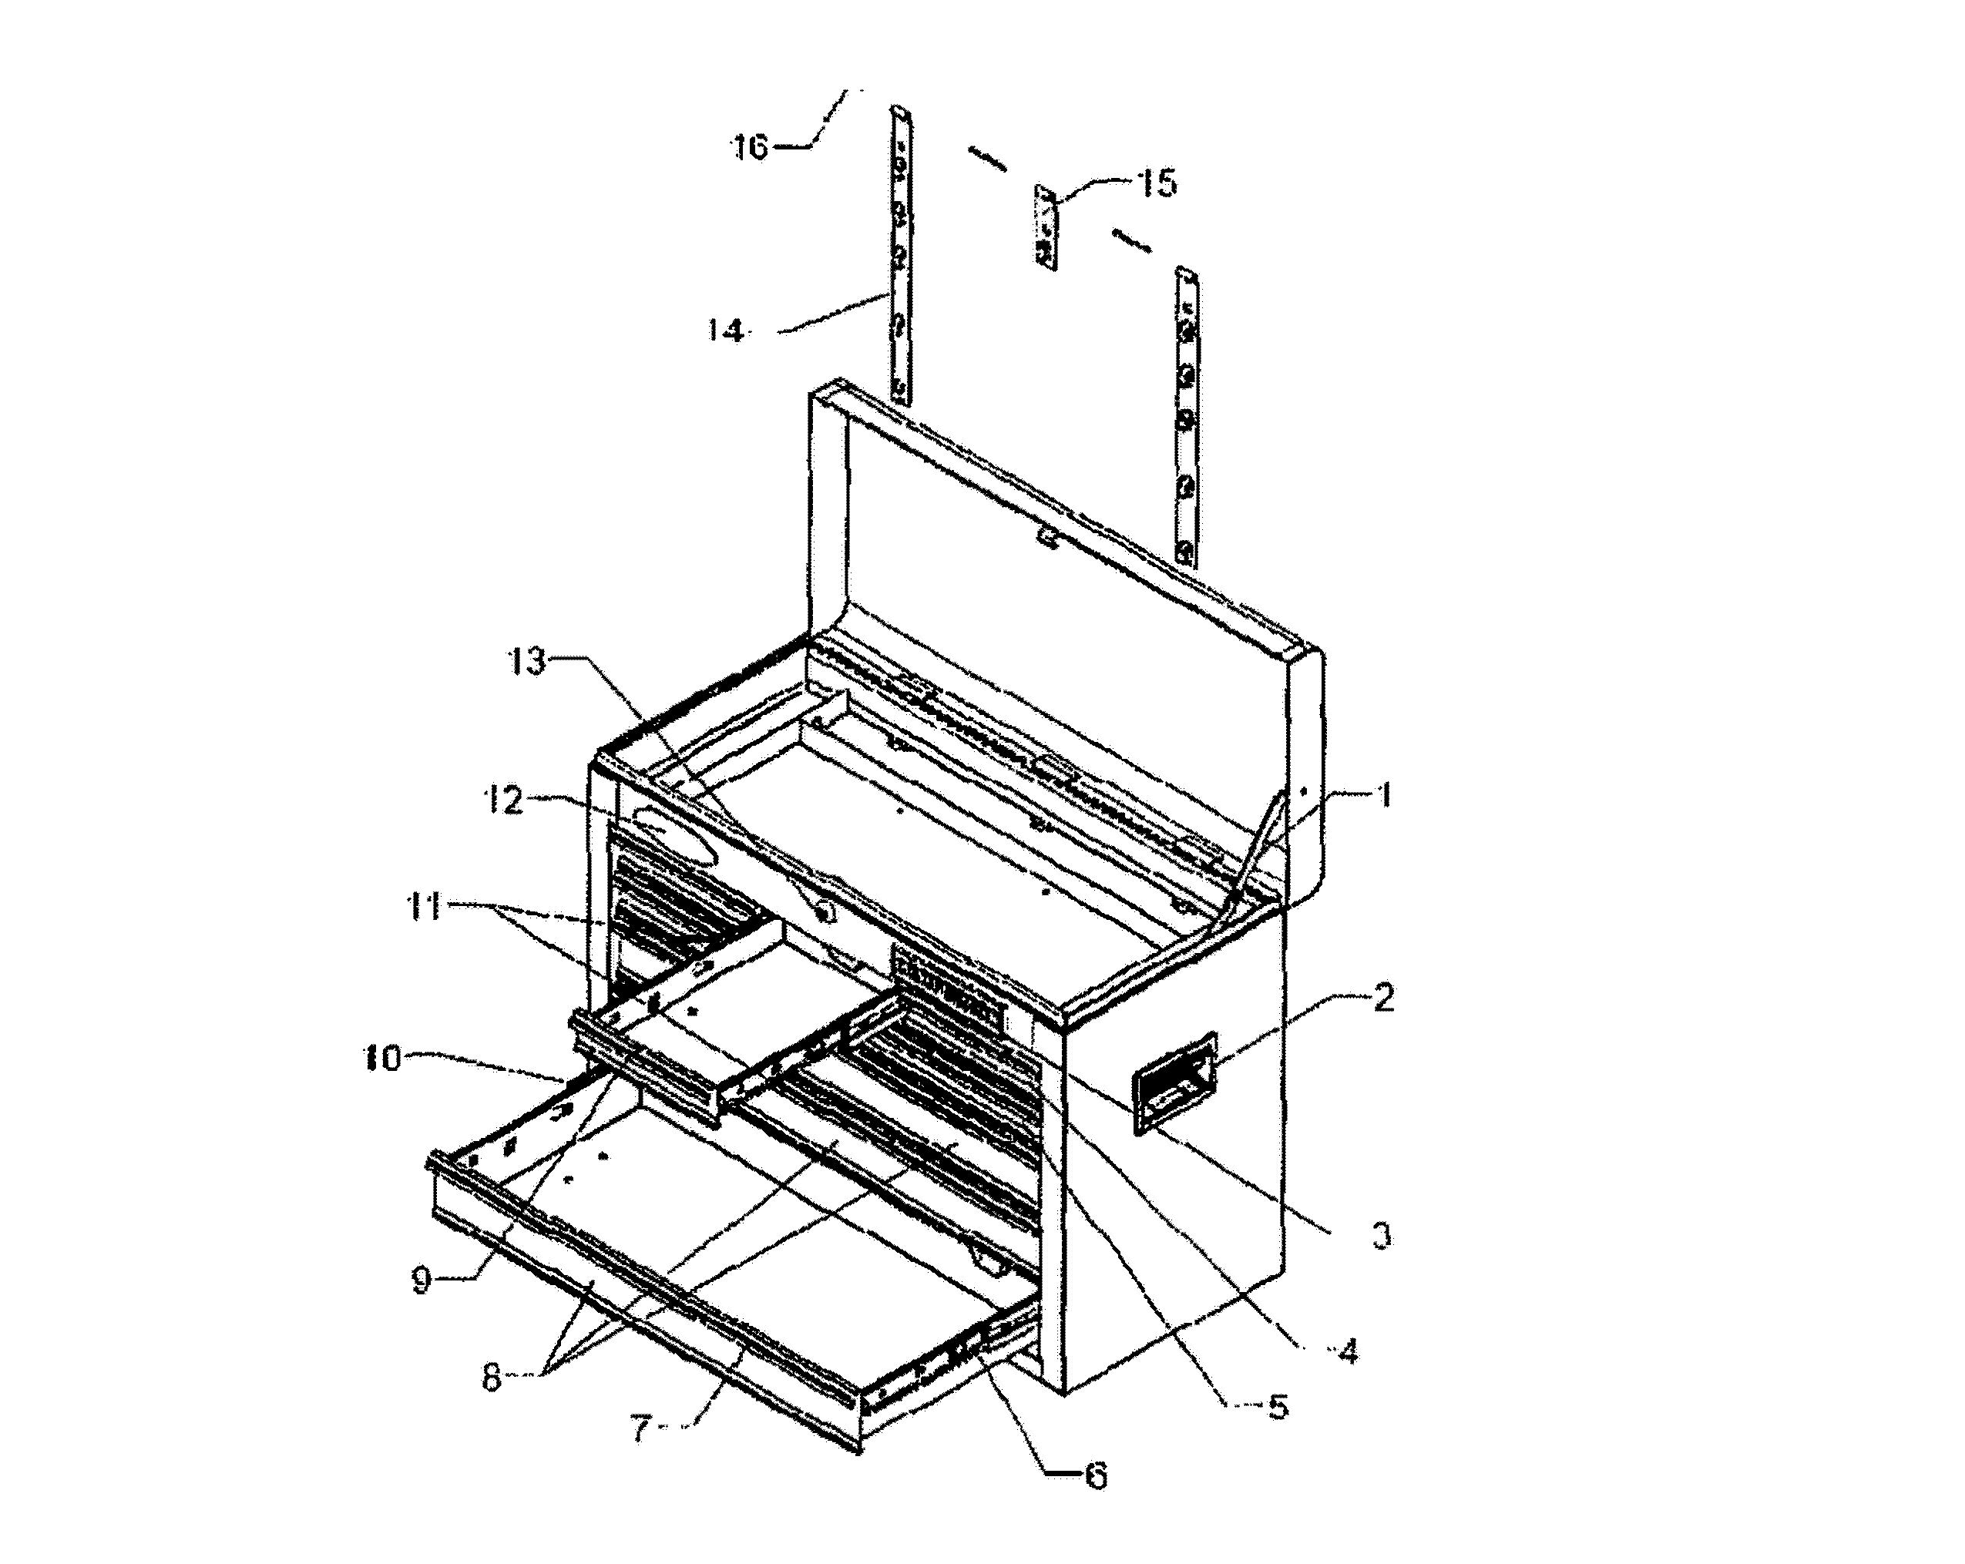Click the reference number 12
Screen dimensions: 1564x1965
click(x=502, y=800)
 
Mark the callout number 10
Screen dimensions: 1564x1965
click(x=383, y=1059)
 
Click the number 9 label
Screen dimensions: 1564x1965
click(x=421, y=1280)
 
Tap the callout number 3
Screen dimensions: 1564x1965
click(x=1382, y=1236)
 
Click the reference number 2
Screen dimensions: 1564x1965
click(x=1382, y=999)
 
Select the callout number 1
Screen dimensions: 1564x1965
click(x=1385, y=796)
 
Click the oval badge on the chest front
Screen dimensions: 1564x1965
click(x=675, y=836)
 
